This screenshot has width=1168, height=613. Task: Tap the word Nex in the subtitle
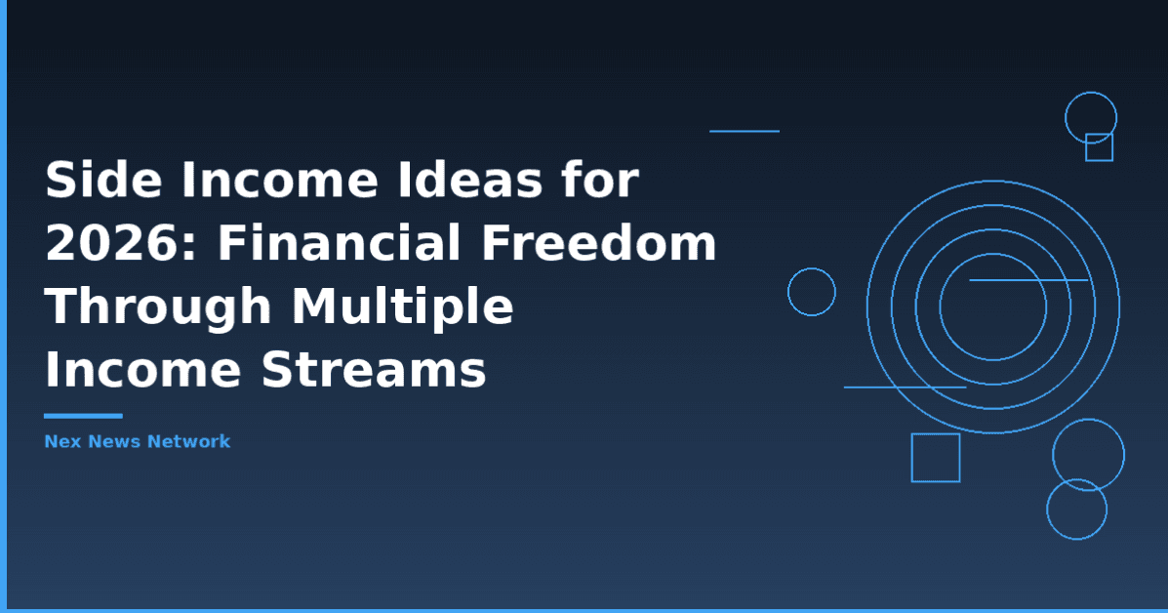click(x=61, y=441)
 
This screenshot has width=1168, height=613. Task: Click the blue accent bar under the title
click(x=83, y=416)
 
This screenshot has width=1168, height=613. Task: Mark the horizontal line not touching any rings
click(x=744, y=131)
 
